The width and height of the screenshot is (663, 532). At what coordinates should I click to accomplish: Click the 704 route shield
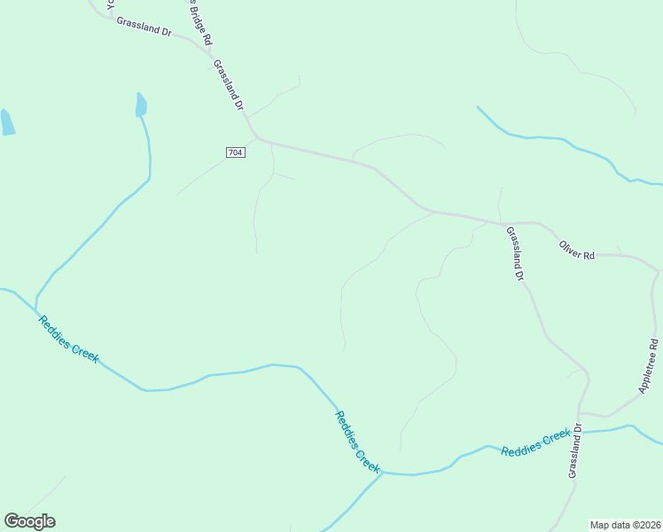(235, 153)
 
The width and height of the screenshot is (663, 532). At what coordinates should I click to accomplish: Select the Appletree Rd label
(648, 365)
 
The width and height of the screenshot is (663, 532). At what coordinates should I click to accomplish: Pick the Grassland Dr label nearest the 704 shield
(229, 84)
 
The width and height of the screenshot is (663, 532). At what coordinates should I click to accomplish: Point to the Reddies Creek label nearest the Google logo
(68, 339)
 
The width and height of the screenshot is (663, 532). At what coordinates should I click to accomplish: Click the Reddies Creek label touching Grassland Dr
(535, 442)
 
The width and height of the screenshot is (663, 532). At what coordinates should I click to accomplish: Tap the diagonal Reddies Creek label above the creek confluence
(357, 440)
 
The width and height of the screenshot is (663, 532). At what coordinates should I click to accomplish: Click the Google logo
(29, 521)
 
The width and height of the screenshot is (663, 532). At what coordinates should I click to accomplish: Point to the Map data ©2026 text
(625, 524)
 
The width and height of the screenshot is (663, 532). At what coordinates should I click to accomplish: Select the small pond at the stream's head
(141, 105)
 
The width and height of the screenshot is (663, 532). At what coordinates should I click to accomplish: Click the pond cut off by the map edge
(7, 121)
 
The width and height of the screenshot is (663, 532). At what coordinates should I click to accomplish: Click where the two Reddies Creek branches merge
(383, 473)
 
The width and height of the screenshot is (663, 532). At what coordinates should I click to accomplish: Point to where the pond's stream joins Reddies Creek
(35, 309)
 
